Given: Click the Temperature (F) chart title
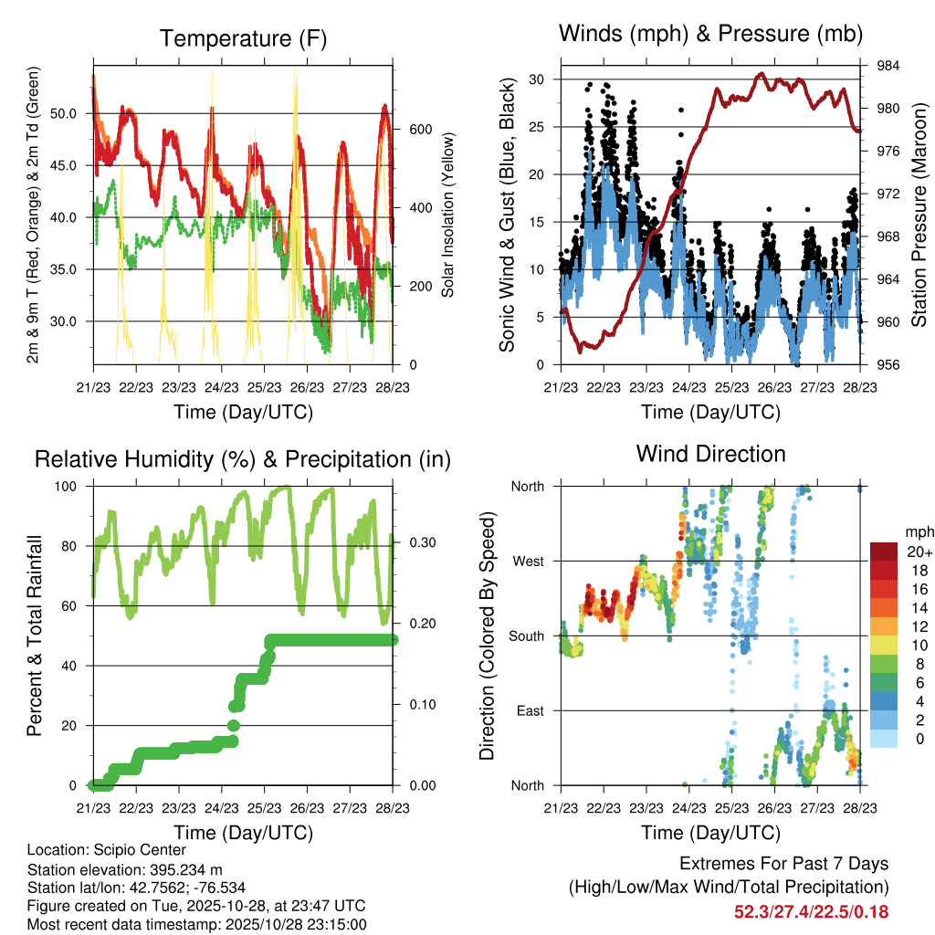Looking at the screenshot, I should [243, 38].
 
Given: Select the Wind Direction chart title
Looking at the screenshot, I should [710, 454].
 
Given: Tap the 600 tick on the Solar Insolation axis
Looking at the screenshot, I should [407, 130].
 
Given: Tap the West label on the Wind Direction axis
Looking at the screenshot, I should [528, 561].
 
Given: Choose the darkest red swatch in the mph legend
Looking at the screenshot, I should [883, 552].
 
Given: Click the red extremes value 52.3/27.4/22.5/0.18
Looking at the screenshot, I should [811, 912].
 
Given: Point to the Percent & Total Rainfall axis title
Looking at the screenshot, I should [36, 636].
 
